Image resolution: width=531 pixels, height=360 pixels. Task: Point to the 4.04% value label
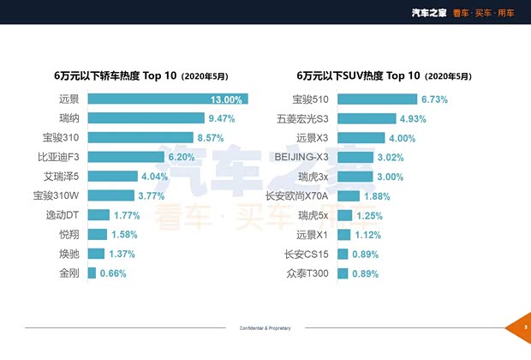[155, 177]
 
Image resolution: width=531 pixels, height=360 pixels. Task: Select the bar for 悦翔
[97, 235]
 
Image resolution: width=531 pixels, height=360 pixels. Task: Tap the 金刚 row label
[69, 273]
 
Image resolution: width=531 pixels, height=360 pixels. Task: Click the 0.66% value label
[113, 273]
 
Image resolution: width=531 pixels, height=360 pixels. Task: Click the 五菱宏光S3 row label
[303, 119]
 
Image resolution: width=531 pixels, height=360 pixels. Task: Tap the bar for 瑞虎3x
[355, 177]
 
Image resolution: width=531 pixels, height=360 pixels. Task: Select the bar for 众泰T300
[343, 273]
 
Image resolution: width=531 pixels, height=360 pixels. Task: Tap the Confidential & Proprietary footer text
[265, 328]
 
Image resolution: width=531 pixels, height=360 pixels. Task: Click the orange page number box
[523, 328]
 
